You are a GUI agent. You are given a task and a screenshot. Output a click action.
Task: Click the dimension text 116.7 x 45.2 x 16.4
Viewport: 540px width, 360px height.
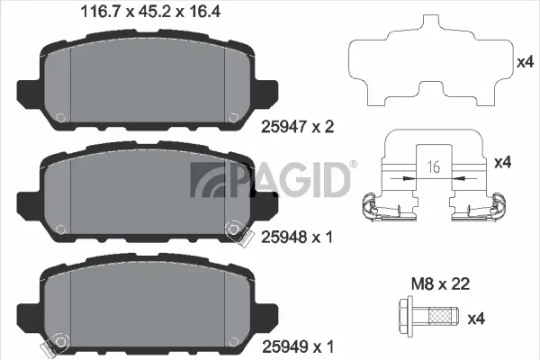(139, 13)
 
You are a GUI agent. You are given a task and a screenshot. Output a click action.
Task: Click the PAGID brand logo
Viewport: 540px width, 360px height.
(270, 180)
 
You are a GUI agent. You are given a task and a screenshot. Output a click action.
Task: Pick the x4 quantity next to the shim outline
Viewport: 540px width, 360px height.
(526, 62)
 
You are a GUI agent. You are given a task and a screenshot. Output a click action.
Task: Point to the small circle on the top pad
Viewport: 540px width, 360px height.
(61, 118)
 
